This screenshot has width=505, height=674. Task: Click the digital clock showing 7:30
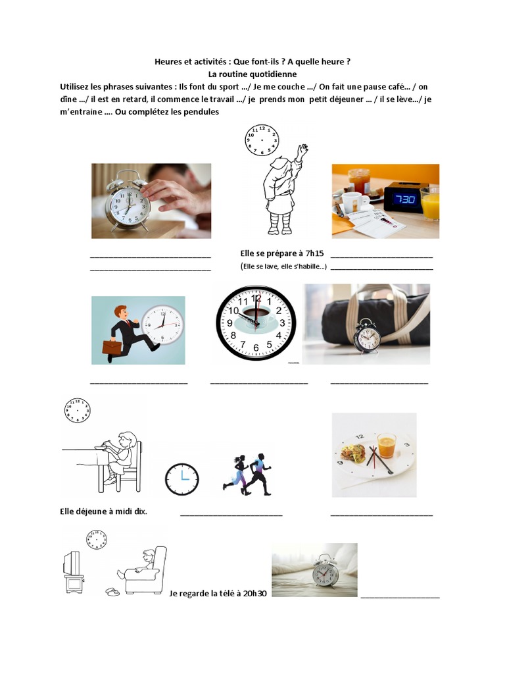click(402, 198)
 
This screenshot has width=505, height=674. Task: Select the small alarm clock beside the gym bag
click(366, 336)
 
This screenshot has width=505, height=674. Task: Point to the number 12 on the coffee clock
click(256, 298)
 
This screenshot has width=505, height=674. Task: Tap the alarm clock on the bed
click(325, 571)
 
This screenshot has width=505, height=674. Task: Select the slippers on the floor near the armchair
click(112, 592)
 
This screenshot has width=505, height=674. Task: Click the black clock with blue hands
click(181, 479)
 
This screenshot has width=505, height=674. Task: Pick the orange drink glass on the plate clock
click(387, 446)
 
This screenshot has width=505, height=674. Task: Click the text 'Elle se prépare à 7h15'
click(282, 253)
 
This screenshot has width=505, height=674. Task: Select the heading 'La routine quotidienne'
click(252, 74)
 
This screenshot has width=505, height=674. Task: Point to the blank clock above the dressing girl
click(262, 140)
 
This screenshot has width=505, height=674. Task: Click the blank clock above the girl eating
click(77, 410)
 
